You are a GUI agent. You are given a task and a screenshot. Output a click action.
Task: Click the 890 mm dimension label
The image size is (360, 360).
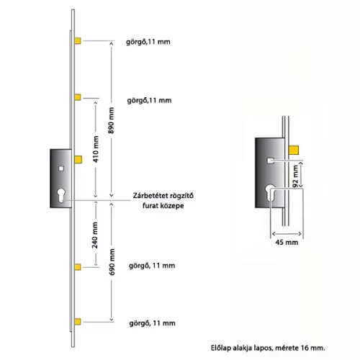coord(111,120)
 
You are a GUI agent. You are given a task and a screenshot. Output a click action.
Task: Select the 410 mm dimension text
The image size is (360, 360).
coord(96,149)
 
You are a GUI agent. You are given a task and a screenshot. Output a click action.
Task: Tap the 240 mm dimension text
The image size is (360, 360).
coord(95,235)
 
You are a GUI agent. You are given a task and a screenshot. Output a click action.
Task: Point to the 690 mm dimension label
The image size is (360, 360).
coord(112,262)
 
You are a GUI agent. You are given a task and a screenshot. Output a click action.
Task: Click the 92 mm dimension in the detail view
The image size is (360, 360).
coord(295,176)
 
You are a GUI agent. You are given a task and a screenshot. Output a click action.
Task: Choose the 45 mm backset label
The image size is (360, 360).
coord(287,242)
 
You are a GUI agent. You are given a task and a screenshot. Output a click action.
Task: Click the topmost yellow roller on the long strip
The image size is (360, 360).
coord(78,41)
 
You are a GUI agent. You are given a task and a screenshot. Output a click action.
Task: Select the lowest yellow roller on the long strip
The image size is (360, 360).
coord(78,322)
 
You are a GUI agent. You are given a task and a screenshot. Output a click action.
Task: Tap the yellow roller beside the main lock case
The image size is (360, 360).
coord(78,160)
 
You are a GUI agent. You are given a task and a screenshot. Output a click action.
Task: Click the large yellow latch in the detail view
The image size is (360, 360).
coord(294,150)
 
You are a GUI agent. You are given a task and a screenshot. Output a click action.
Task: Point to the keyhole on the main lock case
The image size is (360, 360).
coord(61,195)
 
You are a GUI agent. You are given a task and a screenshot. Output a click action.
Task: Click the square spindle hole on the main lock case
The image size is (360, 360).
coord(61,168)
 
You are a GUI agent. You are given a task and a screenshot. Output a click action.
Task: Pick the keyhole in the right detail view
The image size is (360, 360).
coord(270,193)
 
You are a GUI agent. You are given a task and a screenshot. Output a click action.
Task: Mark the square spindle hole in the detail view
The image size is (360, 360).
coord(271,161)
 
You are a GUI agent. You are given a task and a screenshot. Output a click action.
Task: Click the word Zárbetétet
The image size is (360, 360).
coord(148,196)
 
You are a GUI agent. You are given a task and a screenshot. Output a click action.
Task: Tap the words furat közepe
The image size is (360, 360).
coord(163,206)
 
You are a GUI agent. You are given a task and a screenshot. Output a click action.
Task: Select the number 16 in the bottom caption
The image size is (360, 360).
coord(305,348)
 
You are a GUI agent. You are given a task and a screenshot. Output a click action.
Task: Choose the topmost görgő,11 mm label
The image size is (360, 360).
coord(148,42)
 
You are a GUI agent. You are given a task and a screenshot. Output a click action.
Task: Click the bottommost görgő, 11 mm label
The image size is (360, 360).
coord(153,323)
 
